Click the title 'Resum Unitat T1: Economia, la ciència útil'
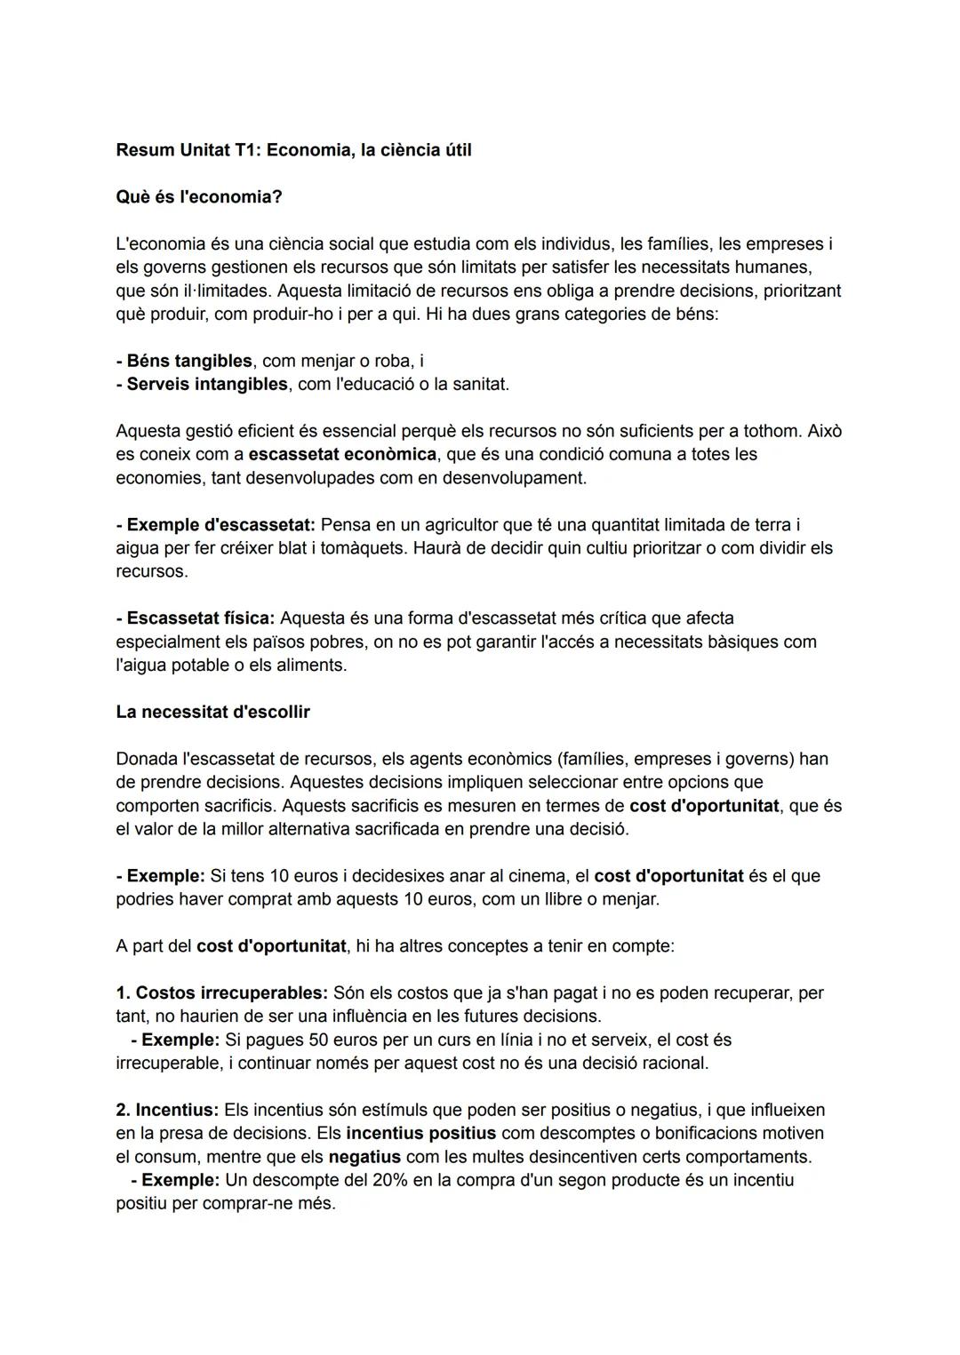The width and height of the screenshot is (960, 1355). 293,150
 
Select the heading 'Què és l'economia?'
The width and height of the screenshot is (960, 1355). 199,196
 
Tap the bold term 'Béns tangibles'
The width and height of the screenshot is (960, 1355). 189,361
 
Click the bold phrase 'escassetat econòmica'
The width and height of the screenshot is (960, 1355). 342,454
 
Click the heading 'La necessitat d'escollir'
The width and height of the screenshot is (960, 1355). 212,712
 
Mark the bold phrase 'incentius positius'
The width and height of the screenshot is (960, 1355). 421,1133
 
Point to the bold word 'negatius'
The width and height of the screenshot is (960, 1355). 364,1157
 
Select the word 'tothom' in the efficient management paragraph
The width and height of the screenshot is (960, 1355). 771,431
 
